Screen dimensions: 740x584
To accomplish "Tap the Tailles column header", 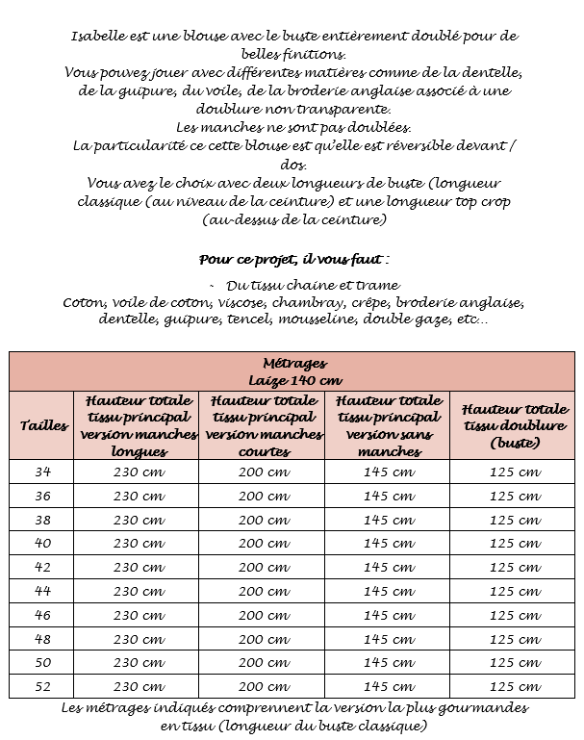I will click(x=43, y=424).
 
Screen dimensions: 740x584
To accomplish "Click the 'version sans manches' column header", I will click(x=390, y=424).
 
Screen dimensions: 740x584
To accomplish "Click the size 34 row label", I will click(x=43, y=472).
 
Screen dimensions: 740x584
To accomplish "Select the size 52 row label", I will click(x=43, y=686).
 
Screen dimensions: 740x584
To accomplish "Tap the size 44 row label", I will click(x=43, y=591).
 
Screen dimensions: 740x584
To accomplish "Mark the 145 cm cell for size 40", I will click(x=390, y=543).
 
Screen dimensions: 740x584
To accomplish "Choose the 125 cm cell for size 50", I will click(x=515, y=662).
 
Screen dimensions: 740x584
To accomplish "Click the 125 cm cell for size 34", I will click(x=515, y=472).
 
